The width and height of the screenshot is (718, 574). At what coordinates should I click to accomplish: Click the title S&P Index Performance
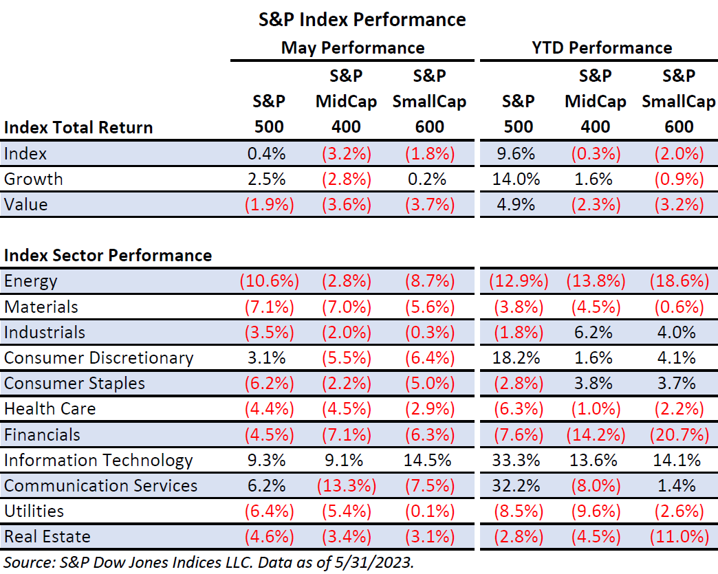(362, 19)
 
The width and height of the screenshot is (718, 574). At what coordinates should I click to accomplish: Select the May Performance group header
(353, 47)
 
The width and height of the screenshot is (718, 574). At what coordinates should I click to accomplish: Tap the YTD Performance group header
(601, 47)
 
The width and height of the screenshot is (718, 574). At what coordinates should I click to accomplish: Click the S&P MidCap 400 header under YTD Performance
(596, 101)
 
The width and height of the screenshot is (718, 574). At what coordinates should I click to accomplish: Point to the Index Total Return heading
(78, 127)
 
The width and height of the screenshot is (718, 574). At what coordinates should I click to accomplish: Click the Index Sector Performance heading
(108, 255)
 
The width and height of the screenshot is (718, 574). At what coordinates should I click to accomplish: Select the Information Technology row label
(98, 460)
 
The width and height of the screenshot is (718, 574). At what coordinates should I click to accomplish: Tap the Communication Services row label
(100, 485)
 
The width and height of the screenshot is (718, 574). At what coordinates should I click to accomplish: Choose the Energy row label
(31, 281)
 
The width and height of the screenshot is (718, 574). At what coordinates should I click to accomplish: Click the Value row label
(27, 204)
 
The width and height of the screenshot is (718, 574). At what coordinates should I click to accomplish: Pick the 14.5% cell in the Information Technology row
(429, 460)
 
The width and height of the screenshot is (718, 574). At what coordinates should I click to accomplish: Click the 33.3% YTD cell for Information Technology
(518, 460)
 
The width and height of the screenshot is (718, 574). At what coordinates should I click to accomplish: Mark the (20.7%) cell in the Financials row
(677, 434)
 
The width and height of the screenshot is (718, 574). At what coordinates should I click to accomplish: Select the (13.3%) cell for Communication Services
(346, 485)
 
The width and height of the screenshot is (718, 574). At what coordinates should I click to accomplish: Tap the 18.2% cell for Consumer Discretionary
(518, 357)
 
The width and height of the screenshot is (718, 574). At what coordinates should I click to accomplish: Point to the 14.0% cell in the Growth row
(518, 179)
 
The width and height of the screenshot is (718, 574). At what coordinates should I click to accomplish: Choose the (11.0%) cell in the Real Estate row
(677, 536)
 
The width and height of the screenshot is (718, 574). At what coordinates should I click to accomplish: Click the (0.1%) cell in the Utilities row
(429, 511)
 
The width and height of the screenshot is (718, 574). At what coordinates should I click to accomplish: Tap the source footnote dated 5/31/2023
(208, 561)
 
